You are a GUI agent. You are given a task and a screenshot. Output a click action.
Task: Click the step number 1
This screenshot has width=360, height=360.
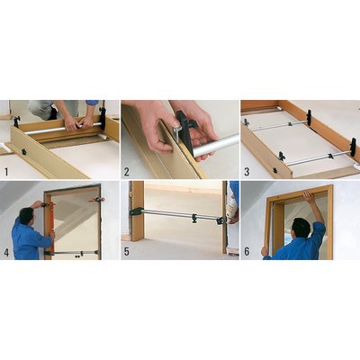[x=6, y=172]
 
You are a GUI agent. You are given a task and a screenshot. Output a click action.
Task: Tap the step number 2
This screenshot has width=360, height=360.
[x=127, y=172]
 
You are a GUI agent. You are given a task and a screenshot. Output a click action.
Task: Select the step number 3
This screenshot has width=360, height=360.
[x=247, y=172]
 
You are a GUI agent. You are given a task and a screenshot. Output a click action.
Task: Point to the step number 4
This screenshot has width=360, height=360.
[x=6, y=252]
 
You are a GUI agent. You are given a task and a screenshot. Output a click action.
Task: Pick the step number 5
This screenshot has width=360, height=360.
[x=127, y=252]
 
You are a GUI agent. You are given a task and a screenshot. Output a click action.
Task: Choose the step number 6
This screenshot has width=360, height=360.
[x=247, y=252]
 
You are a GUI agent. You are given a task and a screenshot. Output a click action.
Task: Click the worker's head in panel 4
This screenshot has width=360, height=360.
[x=26, y=216]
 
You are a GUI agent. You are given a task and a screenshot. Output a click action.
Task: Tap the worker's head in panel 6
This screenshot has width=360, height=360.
[x=301, y=228]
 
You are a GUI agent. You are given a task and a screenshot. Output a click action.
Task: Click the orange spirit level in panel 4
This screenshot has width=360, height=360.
[x=52, y=227]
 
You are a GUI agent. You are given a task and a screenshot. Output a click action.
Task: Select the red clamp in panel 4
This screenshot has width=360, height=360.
[x=96, y=200]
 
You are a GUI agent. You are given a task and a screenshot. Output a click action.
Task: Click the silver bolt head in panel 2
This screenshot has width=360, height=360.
[x=175, y=123]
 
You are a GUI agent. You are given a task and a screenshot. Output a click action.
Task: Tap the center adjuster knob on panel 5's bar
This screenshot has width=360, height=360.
[x=194, y=217]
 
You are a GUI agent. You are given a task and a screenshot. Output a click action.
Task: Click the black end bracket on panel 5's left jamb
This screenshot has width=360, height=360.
[x=135, y=211]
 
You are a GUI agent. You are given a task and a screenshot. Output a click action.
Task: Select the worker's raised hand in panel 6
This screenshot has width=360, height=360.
[x=307, y=195]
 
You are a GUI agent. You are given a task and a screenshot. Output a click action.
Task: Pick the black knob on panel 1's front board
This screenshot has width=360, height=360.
[x=23, y=151]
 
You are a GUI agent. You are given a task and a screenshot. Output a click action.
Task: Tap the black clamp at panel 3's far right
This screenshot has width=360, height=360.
[x=353, y=147]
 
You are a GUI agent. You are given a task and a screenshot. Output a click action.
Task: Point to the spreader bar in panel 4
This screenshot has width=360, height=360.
[x=72, y=253]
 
